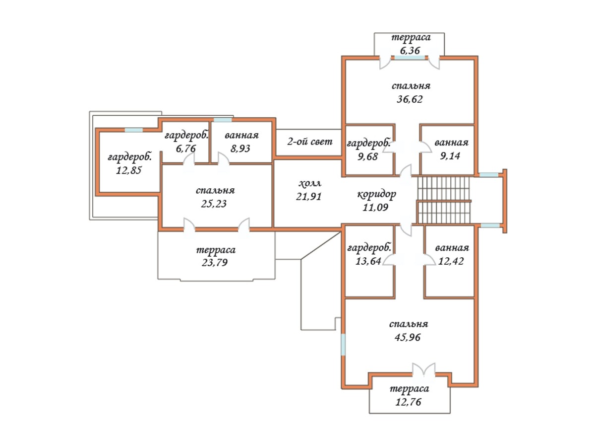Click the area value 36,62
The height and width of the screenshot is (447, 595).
410,99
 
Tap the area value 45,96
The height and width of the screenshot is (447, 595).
408,337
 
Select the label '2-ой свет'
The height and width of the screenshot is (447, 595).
309,142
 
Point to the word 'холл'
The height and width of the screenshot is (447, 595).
309,183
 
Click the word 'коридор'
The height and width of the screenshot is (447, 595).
376,195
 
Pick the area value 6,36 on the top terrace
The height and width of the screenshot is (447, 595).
410,51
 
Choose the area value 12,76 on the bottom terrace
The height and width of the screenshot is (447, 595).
408,402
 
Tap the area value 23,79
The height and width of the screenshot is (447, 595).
214,262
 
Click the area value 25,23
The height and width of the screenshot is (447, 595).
214,204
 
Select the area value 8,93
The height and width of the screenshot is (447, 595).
240,149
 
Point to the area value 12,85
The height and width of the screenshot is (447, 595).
129,170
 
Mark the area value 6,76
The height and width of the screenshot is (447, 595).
185,149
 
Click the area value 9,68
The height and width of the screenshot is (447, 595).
367,156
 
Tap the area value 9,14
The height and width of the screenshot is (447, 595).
450,156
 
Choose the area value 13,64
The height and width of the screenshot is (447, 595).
368,261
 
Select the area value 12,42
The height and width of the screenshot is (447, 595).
451,261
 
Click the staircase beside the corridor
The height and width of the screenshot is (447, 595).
444,200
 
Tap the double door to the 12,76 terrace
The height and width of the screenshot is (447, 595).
423,370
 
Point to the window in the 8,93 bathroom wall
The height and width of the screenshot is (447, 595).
223,120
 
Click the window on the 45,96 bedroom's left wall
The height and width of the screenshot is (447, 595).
343,345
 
